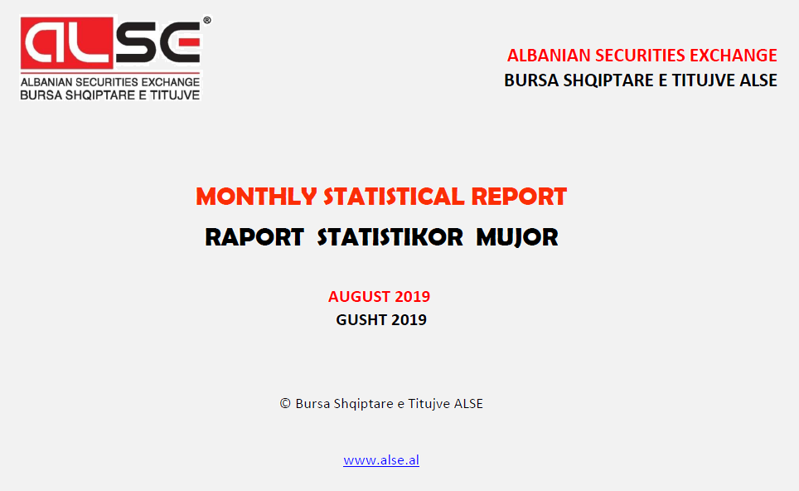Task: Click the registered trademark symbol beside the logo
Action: coord(207,21)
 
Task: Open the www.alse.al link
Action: coord(381,460)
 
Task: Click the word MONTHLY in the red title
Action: coord(256,197)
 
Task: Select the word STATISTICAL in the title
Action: coord(394,197)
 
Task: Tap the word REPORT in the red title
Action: coord(519,197)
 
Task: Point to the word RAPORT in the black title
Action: coord(254,237)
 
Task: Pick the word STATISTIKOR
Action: coord(390,237)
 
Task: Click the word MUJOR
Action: coord(517,238)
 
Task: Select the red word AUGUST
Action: coord(360,296)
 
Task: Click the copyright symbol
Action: coord(285,403)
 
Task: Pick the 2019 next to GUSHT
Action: coord(409,319)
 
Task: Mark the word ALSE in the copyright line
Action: coord(468,404)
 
